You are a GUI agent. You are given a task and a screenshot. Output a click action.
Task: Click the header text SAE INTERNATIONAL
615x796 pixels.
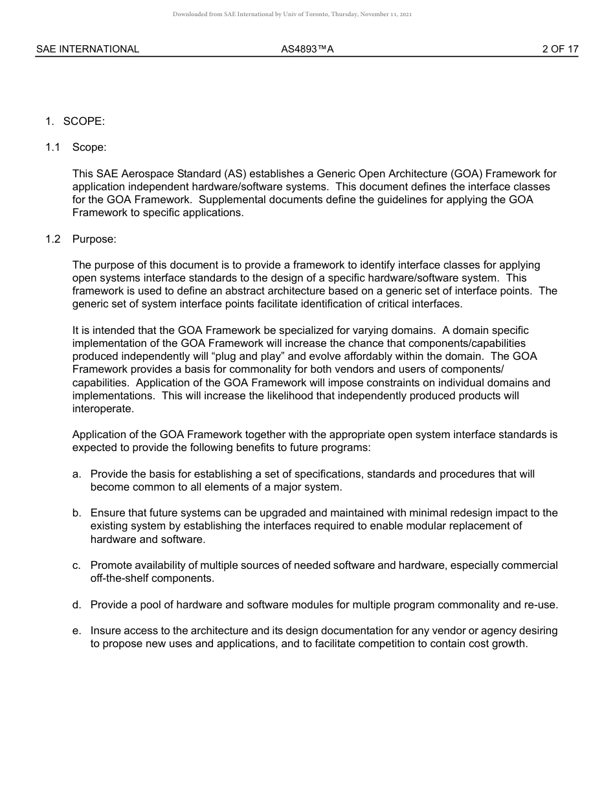point(87,49)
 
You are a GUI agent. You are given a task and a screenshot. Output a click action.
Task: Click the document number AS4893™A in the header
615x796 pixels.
point(307,49)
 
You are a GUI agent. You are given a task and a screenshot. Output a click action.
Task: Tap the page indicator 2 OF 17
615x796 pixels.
point(560,49)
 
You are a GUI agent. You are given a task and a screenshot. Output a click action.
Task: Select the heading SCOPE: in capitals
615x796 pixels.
point(84,122)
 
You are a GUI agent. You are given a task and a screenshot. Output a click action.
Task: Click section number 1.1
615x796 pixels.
point(52,148)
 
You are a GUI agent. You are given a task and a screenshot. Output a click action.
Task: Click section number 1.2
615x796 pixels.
point(52,239)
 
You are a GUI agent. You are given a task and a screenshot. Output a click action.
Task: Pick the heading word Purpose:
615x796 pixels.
point(95,239)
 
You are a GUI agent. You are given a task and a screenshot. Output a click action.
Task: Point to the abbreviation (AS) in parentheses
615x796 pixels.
point(234,173)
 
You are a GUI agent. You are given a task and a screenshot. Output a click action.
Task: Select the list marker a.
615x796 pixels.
point(76,474)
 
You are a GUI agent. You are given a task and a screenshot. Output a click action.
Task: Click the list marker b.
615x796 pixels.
point(76,513)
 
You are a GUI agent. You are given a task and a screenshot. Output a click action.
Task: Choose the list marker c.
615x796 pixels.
point(76,566)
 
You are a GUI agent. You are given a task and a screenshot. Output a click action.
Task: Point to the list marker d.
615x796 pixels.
point(76,605)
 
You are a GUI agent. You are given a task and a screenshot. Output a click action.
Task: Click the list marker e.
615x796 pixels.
point(76,631)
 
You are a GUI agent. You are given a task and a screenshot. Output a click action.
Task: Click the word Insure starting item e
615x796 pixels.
point(105,631)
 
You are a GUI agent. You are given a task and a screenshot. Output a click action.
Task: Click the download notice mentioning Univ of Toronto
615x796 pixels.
point(292,14)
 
